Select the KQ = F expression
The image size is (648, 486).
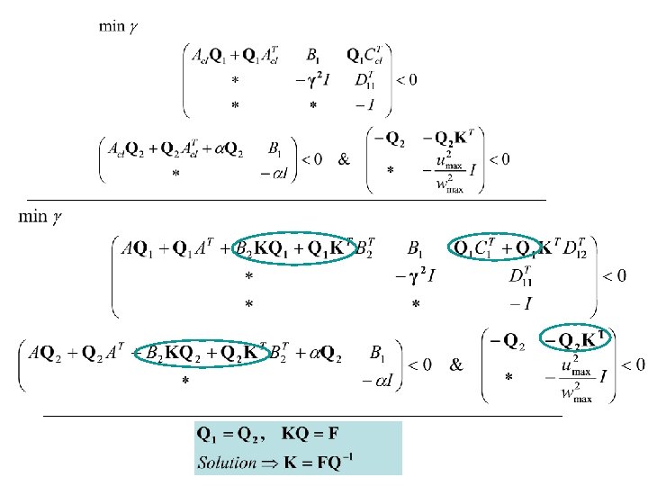point(311,436)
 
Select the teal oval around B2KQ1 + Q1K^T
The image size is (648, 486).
point(294,247)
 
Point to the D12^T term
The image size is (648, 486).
point(580,247)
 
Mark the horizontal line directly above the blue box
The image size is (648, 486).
point(302,417)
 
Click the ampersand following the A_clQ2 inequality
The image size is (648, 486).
point(345,159)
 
